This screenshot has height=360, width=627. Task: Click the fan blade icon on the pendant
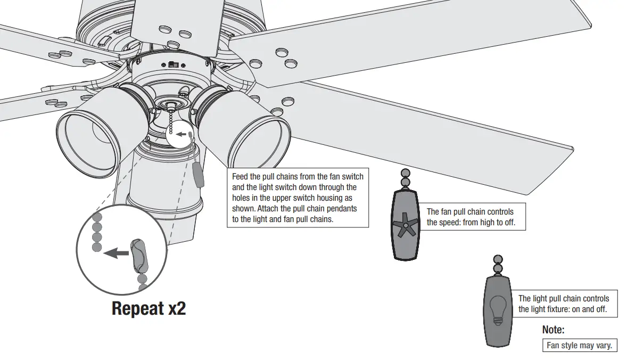point(406,225)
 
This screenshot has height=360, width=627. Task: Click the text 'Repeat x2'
point(148,308)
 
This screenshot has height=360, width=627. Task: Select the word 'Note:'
point(553,330)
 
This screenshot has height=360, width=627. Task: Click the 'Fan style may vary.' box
point(579,346)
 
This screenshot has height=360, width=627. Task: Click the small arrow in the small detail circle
point(181,134)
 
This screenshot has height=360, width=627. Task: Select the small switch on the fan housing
point(172,64)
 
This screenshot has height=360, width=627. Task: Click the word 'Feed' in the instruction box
point(241,176)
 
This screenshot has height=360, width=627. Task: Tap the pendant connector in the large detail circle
point(139,255)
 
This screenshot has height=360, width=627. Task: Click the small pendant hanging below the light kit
point(199,175)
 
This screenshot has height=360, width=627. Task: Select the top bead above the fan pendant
point(406,174)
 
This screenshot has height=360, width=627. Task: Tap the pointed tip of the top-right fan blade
point(589,23)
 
